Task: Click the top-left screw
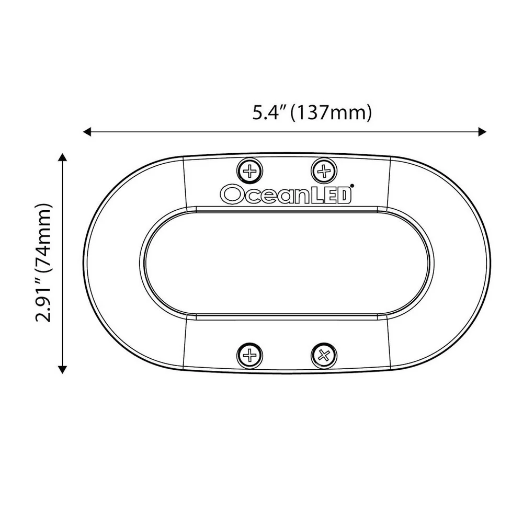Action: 249,172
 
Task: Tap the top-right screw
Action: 324,172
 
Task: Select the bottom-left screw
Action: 249,355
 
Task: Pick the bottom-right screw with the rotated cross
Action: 324,355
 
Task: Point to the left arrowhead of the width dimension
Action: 87,132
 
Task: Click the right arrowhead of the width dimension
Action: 482,132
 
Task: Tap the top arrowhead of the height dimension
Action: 62,157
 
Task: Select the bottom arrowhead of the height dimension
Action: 62,369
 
